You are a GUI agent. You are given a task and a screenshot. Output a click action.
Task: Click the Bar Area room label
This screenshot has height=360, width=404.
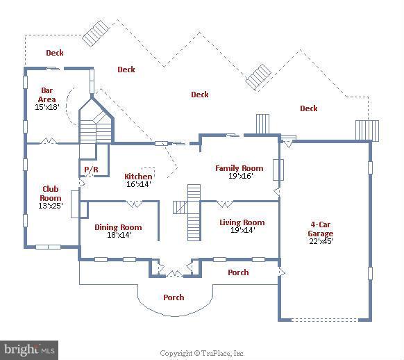pos(47,95)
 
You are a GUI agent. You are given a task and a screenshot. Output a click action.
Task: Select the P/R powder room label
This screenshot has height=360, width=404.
pos(91,170)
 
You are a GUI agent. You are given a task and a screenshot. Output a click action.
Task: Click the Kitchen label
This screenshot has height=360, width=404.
pos(138,177)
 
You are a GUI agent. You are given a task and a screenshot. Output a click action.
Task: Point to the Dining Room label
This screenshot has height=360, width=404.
pos(118,227)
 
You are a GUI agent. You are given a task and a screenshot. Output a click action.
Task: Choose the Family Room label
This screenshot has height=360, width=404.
pos(239,168)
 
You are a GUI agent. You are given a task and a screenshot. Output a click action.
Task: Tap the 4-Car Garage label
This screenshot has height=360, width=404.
pos(321,229)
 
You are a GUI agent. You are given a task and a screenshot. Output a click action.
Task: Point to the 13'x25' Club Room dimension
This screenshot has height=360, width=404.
pos(51,205)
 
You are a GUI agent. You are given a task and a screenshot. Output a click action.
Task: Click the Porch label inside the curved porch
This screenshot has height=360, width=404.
pos(174,297)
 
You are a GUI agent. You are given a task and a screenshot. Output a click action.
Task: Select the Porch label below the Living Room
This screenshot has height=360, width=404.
pos(238,272)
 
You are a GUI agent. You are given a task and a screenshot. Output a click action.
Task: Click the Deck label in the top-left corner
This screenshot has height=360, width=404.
pos(55,53)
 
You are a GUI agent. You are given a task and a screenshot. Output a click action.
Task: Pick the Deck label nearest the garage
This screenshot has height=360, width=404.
pos(309,108)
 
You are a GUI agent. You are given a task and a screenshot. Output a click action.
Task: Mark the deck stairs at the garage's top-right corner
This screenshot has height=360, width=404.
pos(367,131)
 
